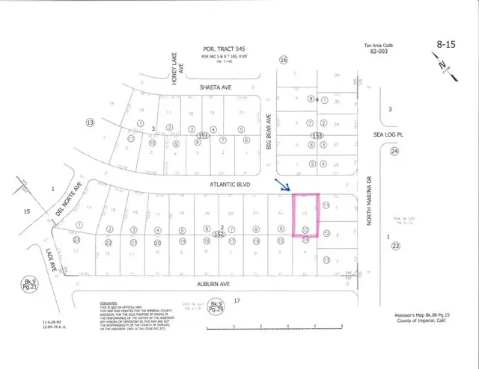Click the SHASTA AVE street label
point(215,87)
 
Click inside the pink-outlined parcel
point(305,214)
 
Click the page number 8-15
point(447,46)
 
